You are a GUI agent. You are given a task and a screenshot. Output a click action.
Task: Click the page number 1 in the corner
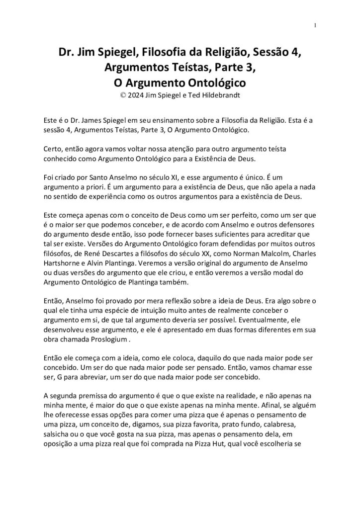point(315,26)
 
